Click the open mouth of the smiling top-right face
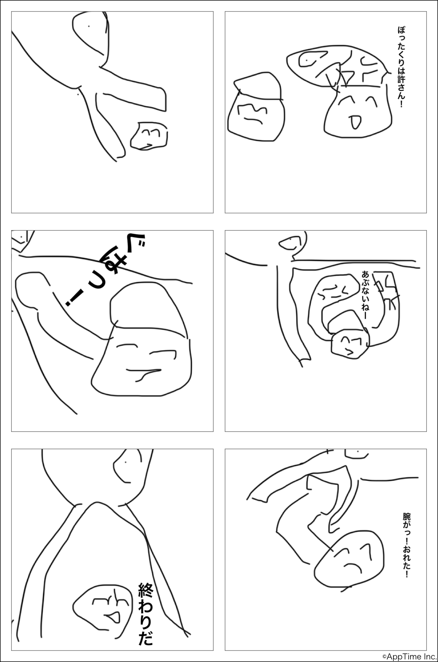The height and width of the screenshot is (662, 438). (355, 122)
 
